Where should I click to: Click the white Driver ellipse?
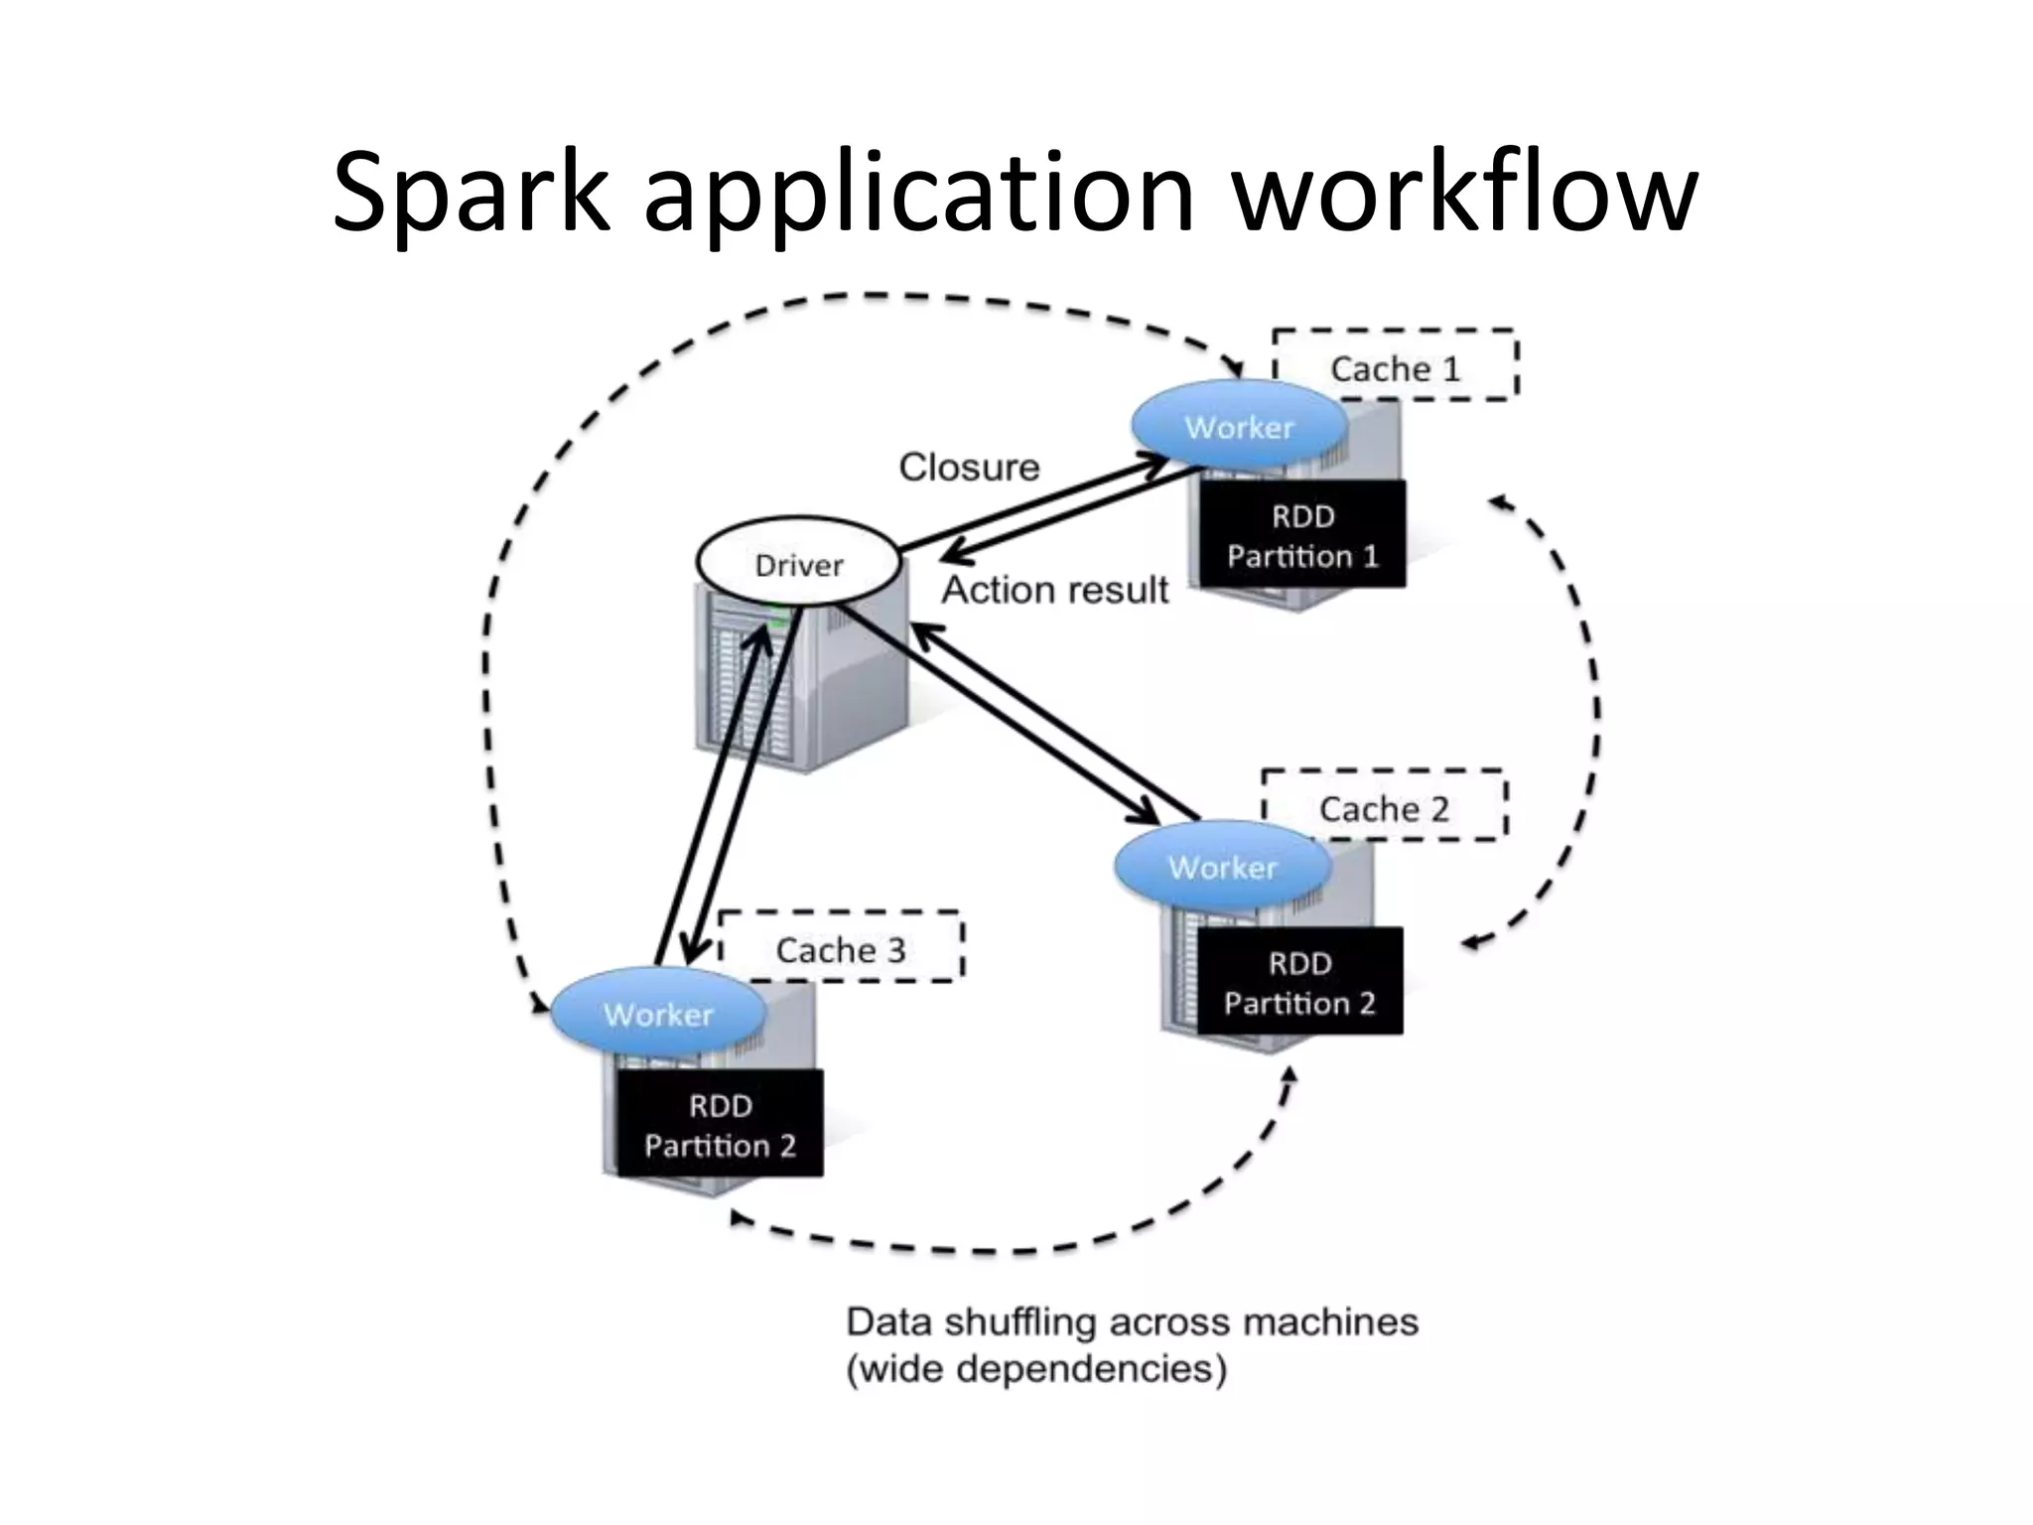pyautogui.click(x=799, y=563)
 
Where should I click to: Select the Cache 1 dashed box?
pyautogui.click(x=1395, y=365)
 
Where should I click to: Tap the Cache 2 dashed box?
pyautogui.click(x=1384, y=806)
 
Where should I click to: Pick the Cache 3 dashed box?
pyautogui.click(x=840, y=947)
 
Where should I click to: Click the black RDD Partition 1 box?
pyautogui.click(x=1302, y=534)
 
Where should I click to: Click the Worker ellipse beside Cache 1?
pyautogui.click(x=1239, y=427)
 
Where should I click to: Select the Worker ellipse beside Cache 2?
pyautogui.click(x=1222, y=867)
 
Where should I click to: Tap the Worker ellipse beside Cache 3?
pyautogui.click(x=658, y=1013)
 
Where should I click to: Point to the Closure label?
pyautogui.click(x=969, y=467)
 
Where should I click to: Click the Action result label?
pyautogui.click(x=1055, y=590)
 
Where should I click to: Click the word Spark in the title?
pyautogui.click(x=470, y=194)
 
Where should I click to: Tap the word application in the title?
pyautogui.click(x=918, y=194)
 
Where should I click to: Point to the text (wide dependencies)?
pyautogui.click(x=1036, y=1370)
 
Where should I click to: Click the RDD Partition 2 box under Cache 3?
pyautogui.click(x=720, y=1124)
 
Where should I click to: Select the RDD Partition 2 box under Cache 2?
pyautogui.click(x=1299, y=981)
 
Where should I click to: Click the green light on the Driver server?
pyautogui.click(x=777, y=623)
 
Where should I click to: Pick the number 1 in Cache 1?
pyautogui.click(x=1451, y=368)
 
